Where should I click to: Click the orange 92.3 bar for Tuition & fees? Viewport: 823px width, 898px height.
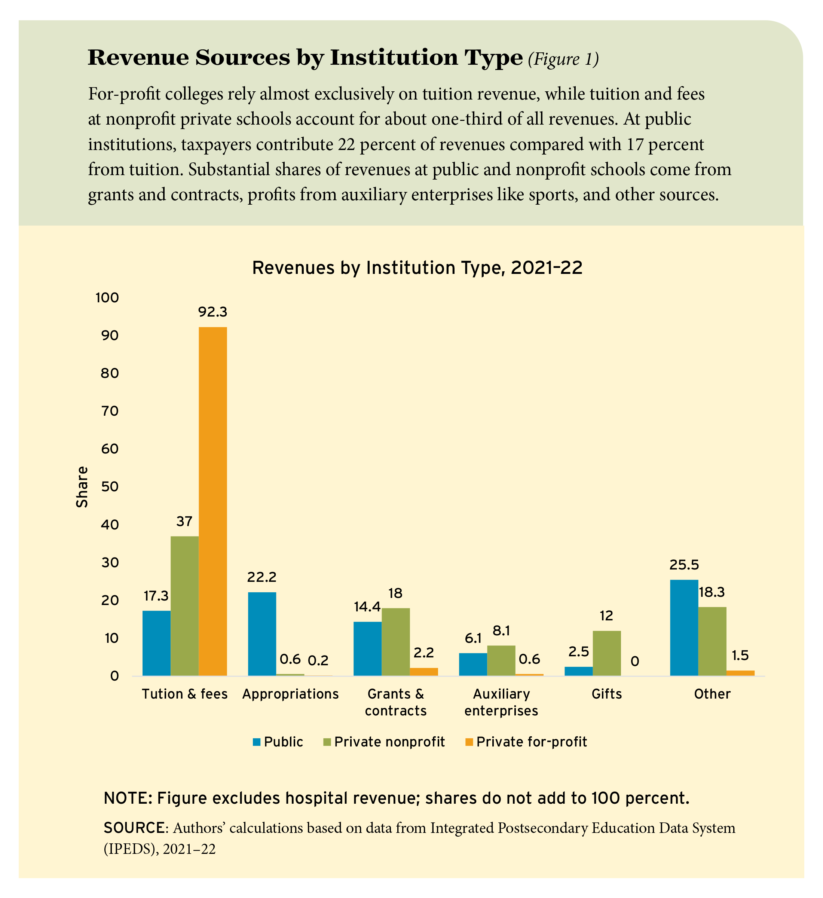pos(212,501)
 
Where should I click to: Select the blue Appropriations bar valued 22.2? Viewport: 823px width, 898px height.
pos(262,634)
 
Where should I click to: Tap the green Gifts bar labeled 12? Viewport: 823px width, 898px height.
pos(606,653)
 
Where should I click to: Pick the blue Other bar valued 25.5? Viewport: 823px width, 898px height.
pos(684,627)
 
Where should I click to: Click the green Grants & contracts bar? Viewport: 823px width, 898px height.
pos(395,642)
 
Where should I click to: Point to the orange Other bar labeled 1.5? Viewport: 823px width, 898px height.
pos(740,673)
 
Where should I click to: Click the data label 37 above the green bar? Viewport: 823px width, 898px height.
pos(184,521)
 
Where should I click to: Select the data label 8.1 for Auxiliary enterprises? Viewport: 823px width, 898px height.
pos(501,631)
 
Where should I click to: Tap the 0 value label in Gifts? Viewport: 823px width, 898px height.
pos(634,662)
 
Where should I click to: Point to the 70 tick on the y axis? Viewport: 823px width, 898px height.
pos(110,411)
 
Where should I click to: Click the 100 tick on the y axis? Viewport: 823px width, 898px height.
pos(107,297)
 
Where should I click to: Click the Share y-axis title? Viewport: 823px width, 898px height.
pos(82,487)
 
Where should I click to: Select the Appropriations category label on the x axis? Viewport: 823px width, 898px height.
pos(290,694)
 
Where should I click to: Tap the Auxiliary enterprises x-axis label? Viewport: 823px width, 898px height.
pos(501,702)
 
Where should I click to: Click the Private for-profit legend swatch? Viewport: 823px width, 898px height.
pos(469,742)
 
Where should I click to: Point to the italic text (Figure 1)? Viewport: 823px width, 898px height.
pos(563,59)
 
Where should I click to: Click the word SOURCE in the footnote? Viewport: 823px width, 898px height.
pos(134,828)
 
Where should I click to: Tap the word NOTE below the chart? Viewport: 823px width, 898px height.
pos(126,798)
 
